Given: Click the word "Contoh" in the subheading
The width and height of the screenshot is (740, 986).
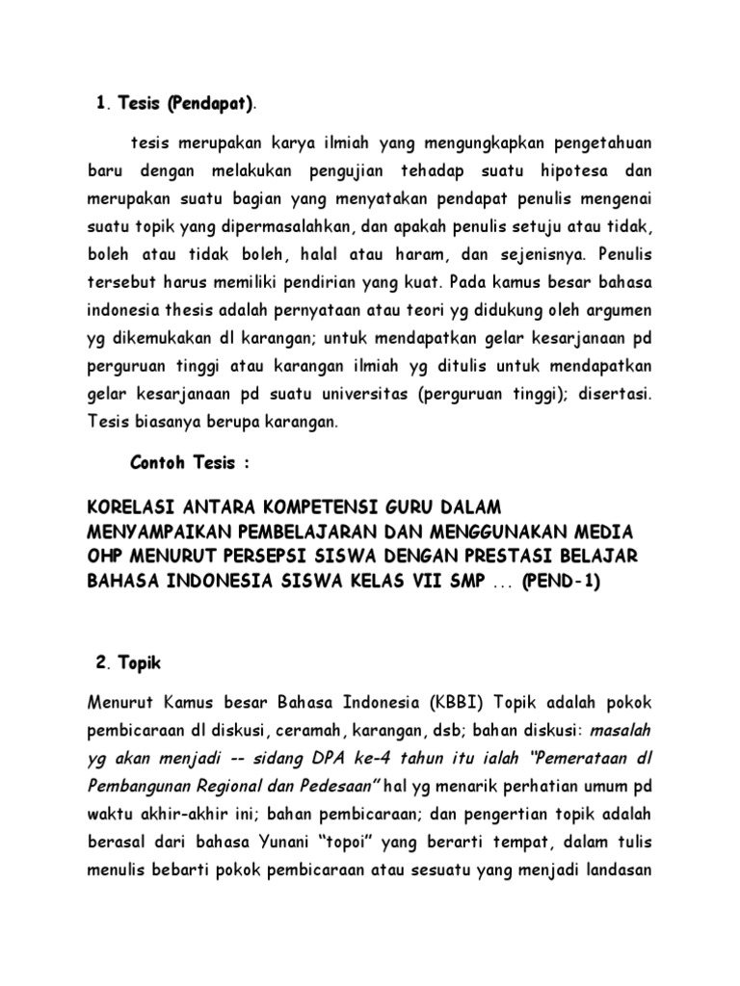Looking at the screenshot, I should click(158, 463).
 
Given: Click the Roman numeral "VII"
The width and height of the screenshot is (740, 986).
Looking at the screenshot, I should click(436, 583).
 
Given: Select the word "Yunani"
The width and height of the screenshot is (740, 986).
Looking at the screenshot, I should click(304, 843).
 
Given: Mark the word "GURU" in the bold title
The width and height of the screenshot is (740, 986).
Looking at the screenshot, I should click(412, 507).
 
